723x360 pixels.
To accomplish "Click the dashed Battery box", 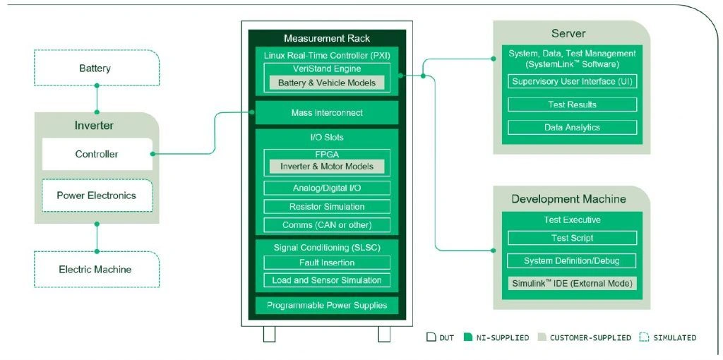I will [x=97, y=68].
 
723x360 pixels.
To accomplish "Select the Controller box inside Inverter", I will [x=97, y=154].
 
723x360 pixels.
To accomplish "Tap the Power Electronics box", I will [x=97, y=196].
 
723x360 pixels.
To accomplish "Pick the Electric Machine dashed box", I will [x=97, y=269].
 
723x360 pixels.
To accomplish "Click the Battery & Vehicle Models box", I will [x=326, y=83].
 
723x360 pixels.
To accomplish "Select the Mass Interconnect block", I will [x=326, y=113].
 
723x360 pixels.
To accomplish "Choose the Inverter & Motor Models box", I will [x=326, y=167].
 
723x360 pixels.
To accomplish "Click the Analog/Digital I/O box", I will [x=326, y=188].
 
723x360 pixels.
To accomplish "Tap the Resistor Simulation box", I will [x=326, y=207].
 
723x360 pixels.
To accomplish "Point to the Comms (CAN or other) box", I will [x=326, y=225].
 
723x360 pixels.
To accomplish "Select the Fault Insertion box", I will [x=326, y=263].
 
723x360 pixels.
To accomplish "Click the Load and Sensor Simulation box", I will [x=326, y=280].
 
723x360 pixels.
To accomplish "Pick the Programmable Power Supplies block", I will [x=326, y=306].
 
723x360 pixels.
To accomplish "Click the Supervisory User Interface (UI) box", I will [x=572, y=81].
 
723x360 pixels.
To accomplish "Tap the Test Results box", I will [x=572, y=104].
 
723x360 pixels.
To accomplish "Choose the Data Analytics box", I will [x=572, y=128].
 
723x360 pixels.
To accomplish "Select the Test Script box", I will [x=572, y=238].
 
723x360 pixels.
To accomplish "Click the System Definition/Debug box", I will [x=572, y=260].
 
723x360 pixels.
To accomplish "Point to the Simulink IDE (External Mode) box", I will [x=572, y=283].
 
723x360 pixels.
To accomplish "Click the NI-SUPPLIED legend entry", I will [x=496, y=337].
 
